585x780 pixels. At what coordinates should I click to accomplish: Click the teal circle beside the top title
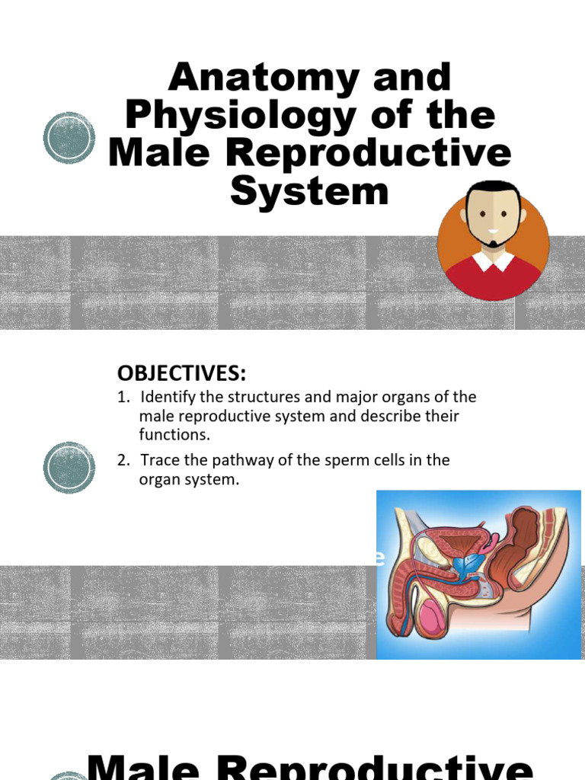pos(69,138)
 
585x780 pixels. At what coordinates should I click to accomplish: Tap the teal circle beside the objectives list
pos(69,467)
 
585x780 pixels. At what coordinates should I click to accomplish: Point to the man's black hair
pos(493,189)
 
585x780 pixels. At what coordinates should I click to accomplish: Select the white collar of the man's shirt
pos(493,261)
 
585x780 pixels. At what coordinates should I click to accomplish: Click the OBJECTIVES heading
pos(182,373)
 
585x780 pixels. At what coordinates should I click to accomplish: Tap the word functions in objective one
pos(174,435)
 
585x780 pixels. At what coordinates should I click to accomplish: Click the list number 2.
pos(121,460)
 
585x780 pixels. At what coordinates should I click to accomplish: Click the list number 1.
pos(121,398)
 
